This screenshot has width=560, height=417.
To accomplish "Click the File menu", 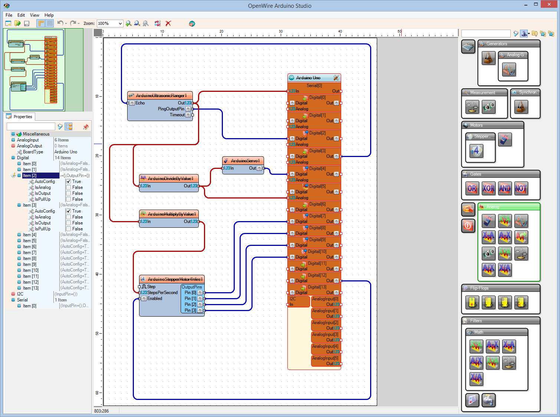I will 9,15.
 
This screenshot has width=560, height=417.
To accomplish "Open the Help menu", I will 49,15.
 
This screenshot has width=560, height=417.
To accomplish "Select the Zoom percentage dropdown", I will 110,23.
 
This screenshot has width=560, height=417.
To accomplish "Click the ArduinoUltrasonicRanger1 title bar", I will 161,96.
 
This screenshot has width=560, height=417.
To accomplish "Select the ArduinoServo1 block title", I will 245,161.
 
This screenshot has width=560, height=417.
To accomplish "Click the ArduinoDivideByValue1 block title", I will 170,179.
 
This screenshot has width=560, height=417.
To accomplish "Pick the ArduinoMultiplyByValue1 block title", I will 172,214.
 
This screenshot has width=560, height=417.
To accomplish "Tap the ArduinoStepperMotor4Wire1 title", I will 175,279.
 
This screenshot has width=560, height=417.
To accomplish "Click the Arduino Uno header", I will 308,78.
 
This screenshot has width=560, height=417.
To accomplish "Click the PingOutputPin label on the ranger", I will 171,109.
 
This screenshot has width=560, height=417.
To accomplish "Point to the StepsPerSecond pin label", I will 162,293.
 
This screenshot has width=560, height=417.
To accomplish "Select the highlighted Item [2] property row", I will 30,176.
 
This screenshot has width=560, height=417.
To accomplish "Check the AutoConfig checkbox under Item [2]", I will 69,181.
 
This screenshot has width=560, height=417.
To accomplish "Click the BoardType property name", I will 33,152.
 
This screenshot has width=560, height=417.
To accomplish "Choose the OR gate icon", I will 472,189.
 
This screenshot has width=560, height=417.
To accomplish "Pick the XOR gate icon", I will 488,189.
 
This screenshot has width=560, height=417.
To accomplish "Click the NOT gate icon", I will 521,189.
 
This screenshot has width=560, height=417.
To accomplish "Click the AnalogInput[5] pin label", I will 325,358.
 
